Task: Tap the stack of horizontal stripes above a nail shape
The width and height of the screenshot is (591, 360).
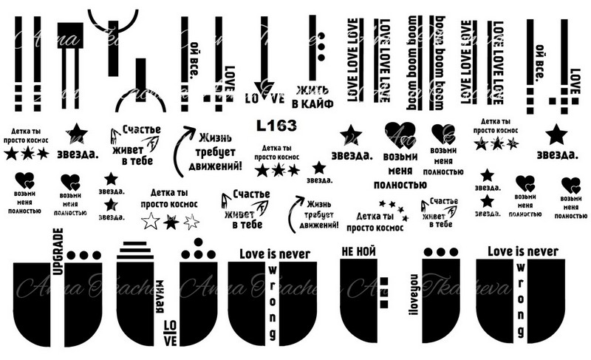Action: click(x=136, y=251)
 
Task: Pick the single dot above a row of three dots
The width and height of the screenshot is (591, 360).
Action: click(x=197, y=242)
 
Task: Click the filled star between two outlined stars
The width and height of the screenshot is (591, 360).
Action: click(x=171, y=220)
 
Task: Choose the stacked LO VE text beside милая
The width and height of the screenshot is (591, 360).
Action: click(x=170, y=331)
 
